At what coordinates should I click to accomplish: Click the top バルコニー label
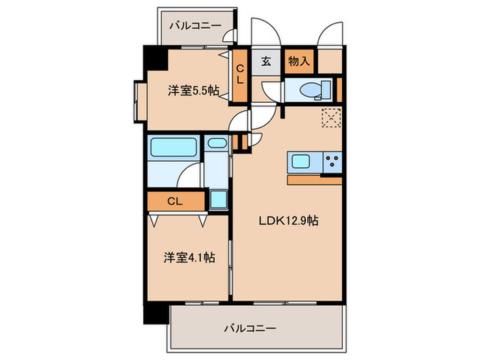tap(195, 26)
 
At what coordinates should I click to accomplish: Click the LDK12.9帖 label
tap(287, 221)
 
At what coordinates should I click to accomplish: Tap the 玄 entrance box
tap(266, 62)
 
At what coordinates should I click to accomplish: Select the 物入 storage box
tap(299, 62)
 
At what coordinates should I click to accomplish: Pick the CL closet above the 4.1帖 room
tap(176, 202)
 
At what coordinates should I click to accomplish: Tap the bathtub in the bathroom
tap(173, 147)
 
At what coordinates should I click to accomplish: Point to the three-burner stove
tap(332, 163)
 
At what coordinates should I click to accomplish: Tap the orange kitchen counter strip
tap(315, 180)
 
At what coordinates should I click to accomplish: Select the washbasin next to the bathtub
tap(217, 144)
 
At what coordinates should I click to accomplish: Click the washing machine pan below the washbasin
tap(220, 200)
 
